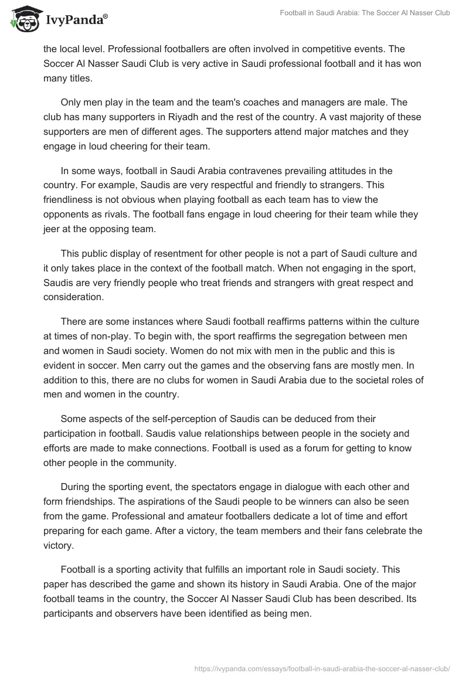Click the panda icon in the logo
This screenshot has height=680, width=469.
point(23,20)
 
